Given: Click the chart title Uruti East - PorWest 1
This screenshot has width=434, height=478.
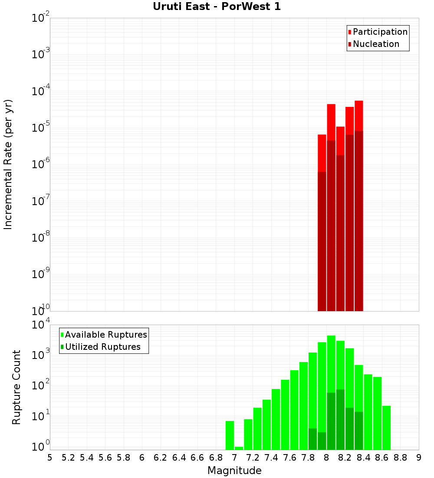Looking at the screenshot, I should (x=217, y=7).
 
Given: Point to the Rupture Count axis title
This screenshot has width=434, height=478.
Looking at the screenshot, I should (x=16, y=387).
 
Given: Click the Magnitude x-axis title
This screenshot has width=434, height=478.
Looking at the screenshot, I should (x=234, y=471).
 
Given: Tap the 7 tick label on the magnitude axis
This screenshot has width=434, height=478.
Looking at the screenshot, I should (x=234, y=457).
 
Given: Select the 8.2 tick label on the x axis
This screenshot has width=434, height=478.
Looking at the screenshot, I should (x=345, y=457).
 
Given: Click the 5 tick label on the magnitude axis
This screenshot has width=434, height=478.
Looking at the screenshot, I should (x=50, y=457).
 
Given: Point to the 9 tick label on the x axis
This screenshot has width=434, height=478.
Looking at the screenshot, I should (x=419, y=457).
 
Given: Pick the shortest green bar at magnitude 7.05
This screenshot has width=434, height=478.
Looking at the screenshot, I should (x=239, y=448).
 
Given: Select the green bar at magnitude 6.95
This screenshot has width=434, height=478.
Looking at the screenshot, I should (x=230, y=435).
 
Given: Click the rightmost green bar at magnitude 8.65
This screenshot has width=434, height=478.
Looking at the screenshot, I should (x=386, y=428).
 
